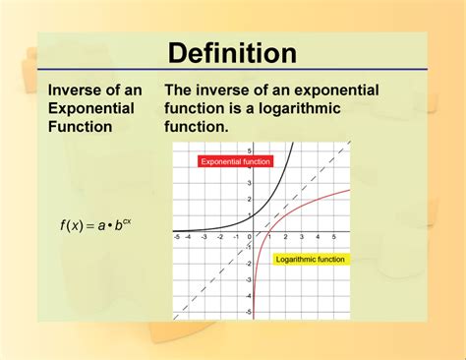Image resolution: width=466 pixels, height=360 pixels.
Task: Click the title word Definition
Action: tap(232, 52)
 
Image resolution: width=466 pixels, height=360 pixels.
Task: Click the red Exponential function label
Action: tap(234, 160)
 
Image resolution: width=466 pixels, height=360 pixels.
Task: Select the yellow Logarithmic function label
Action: tap(310, 259)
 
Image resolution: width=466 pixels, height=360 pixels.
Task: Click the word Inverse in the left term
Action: tap(77, 90)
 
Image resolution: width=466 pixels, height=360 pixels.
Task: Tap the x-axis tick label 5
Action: tap(333, 237)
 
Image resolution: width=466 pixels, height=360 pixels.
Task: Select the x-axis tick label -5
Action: tap(177, 237)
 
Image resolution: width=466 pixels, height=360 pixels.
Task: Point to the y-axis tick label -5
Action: tap(249, 311)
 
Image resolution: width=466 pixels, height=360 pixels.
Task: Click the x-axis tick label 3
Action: tap(302, 237)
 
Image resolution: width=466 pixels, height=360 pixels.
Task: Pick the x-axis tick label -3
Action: tap(208, 237)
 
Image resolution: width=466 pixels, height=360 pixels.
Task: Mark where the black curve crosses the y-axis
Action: tap(255, 214)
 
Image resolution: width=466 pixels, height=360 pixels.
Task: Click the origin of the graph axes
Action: tap(255, 230)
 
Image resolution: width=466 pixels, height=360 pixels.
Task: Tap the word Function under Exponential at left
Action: tap(81, 127)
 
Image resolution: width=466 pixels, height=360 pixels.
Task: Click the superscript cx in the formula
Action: tap(127, 219)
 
